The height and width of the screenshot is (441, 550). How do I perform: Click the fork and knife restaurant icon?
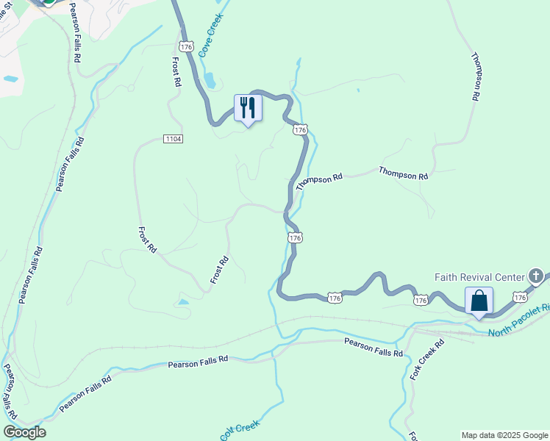(x=247, y=108)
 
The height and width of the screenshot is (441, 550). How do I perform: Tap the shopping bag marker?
(x=479, y=301)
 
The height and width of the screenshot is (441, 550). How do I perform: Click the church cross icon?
(x=537, y=276)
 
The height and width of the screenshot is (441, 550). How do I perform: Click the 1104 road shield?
(x=173, y=138)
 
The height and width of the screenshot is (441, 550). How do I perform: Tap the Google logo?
(x=24, y=432)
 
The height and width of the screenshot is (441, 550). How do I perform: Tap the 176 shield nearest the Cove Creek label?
(x=186, y=46)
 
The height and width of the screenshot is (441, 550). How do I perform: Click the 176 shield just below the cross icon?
(x=520, y=297)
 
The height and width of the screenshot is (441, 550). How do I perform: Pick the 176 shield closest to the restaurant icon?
(x=299, y=129)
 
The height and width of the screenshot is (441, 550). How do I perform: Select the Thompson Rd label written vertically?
(x=476, y=76)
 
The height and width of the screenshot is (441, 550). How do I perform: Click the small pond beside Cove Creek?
(x=210, y=80)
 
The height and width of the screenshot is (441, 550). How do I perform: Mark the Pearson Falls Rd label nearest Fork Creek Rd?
(x=374, y=348)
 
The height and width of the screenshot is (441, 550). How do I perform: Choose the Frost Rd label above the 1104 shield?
(x=176, y=72)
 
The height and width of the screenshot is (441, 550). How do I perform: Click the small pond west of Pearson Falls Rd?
(x=10, y=78)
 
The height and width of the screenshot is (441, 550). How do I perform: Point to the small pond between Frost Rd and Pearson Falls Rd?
(x=182, y=301)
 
